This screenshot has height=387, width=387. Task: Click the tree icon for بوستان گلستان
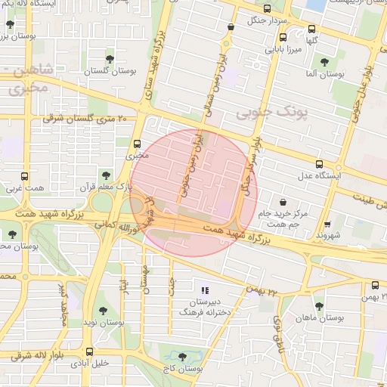(x=110, y=58)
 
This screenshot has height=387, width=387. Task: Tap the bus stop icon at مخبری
(x=137, y=144)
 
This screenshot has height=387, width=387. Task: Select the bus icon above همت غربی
(x=25, y=175)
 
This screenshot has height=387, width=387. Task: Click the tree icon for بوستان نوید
(x=103, y=311)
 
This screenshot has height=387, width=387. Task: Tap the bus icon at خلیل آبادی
(x=90, y=351)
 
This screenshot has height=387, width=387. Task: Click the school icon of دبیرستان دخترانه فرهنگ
(x=203, y=289)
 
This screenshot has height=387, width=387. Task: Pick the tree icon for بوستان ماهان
(x=319, y=306)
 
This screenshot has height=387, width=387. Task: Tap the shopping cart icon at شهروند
(x=327, y=224)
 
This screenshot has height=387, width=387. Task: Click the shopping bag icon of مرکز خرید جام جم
(x=283, y=203)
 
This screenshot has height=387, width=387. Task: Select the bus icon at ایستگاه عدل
(x=320, y=164)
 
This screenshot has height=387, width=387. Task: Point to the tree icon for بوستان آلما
(x=325, y=63)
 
